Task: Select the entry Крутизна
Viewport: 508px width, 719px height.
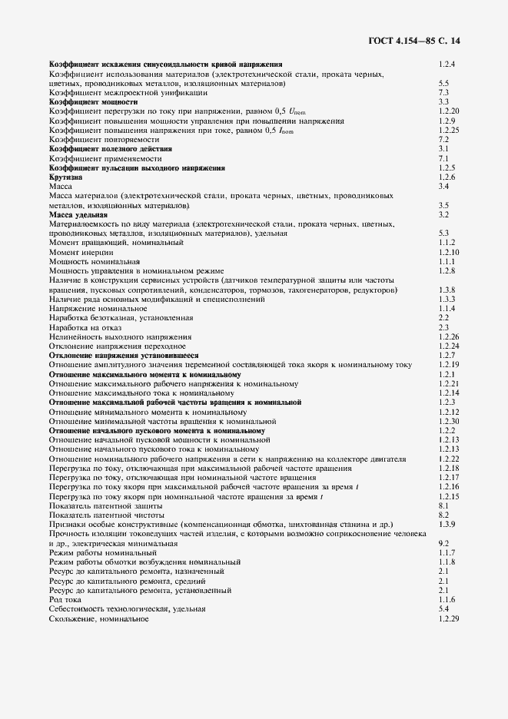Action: pos(65,177)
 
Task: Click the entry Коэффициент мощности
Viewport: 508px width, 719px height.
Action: pos(93,101)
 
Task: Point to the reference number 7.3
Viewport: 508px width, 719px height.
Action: pos(443,92)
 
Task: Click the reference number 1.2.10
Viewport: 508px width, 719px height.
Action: pos(449,252)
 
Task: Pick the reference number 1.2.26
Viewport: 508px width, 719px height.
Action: pos(449,336)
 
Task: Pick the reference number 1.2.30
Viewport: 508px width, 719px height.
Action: pos(449,421)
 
